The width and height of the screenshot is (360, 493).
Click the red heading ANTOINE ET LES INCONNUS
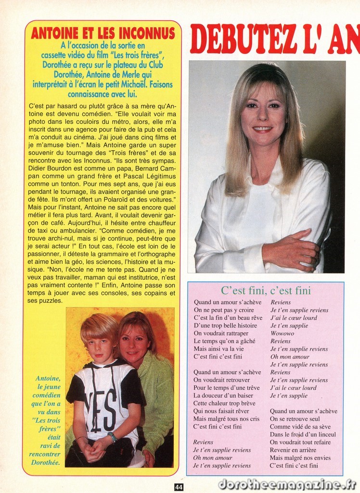click(x=103, y=33)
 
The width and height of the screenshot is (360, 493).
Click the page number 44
click(x=179, y=487)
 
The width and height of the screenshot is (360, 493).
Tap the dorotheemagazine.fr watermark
click(x=287, y=483)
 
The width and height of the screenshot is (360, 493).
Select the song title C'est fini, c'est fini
click(x=266, y=291)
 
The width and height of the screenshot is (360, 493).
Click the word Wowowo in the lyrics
click(x=282, y=333)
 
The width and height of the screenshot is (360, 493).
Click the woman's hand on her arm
click(x=293, y=249)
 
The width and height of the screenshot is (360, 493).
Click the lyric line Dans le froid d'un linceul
click(x=303, y=434)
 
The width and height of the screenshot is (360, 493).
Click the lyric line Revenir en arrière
click(x=293, y=450)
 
